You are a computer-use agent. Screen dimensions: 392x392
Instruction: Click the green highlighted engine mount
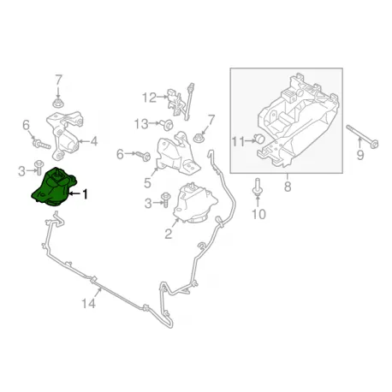54,187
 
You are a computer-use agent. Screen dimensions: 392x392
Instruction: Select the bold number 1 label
85,194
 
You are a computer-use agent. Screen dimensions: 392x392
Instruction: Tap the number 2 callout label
169,235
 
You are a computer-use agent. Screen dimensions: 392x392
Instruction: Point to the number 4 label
94,141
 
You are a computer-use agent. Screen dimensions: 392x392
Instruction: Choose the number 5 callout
147,183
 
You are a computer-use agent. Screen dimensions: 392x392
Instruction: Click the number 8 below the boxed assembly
288,187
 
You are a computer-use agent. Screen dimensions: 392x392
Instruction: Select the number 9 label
360,155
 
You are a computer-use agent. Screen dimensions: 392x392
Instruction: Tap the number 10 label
258,214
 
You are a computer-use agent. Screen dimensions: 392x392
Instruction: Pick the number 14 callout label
88,303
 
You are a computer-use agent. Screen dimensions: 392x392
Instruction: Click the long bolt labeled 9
362,136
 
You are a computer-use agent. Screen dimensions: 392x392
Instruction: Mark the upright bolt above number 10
257,187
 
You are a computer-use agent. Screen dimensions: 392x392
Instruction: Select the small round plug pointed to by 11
259,139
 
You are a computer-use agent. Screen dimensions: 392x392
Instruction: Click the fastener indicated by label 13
167,125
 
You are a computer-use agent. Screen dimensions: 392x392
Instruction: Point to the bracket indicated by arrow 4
65,135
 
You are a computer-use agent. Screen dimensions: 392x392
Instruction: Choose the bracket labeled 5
179,153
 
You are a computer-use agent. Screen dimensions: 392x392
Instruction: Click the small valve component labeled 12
180,101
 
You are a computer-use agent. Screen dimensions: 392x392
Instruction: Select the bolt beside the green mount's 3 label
38,168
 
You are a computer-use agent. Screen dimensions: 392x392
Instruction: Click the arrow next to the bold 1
74,193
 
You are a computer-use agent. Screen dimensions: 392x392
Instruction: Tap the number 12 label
149,98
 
